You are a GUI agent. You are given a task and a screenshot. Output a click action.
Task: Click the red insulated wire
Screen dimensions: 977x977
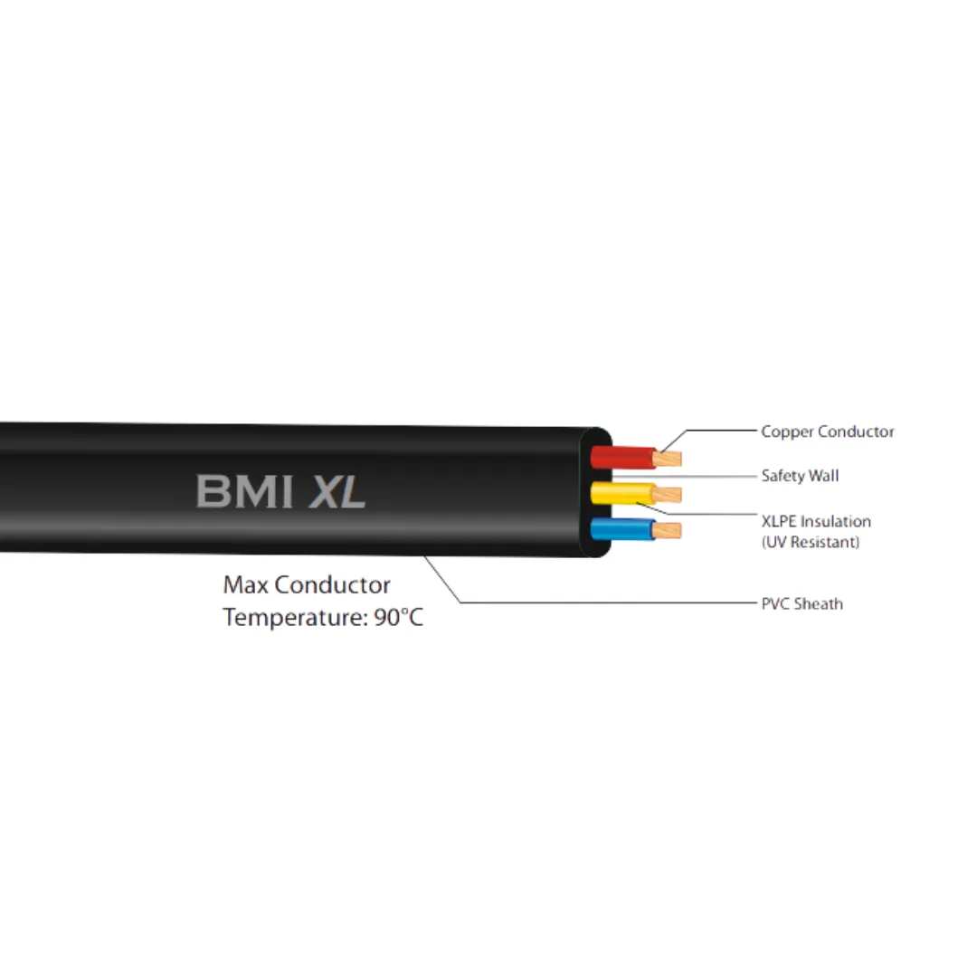coord(622,458)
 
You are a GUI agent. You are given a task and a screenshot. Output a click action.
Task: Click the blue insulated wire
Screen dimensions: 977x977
coord(622,529)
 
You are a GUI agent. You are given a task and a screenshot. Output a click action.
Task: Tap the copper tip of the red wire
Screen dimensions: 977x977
coord(668,460)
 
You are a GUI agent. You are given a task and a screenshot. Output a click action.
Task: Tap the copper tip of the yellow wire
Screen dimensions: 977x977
coord(668,495)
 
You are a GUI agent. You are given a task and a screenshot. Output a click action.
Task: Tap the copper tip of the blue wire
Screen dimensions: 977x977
coord(668,531)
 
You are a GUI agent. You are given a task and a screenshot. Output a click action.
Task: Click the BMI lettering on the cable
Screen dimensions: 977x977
coord(244,491)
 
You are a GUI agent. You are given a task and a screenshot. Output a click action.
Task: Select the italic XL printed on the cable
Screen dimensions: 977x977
coord(337,491)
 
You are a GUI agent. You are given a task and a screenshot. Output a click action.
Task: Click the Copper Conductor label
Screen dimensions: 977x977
coord(828,432)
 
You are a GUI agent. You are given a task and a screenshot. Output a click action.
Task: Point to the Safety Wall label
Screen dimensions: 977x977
coord(800,476)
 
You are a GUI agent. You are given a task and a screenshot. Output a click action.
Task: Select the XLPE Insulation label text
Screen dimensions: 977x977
coord(816,521)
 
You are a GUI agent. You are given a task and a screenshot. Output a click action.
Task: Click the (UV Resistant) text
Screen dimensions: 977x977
coord(811,542)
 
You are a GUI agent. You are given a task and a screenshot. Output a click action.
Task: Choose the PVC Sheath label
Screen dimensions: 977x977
coord(802,603)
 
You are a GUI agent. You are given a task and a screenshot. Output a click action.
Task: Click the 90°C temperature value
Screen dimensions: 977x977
coord(398,618)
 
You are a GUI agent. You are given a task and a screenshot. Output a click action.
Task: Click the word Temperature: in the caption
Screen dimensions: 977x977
coord(296,618)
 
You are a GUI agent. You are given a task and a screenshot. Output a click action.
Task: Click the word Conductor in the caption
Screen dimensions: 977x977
coord(332,585)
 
